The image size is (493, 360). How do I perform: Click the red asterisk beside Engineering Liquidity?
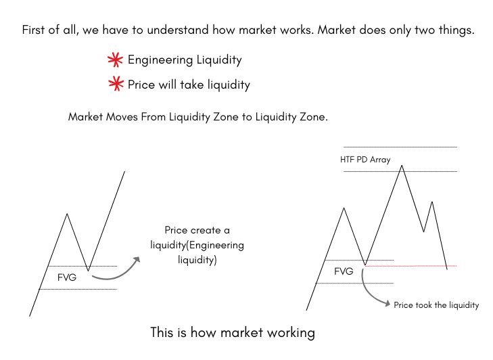tap(115, 60)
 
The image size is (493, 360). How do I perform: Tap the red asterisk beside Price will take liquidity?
tap(115, 85)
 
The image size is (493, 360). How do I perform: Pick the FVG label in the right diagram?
tap(344, 271)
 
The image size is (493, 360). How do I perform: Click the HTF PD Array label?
tap(365, 160)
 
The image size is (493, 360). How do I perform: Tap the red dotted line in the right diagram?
tap(413, 266)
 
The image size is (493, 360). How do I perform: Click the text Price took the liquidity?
tap(436, 305)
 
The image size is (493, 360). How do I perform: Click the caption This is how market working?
tap(232, 333)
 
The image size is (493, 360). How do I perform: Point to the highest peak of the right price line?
tap(402, 165)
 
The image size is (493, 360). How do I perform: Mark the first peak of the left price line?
tap(66, 215)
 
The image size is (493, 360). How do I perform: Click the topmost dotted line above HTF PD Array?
tap(400, 147)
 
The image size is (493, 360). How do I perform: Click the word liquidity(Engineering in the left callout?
tap(197, 245)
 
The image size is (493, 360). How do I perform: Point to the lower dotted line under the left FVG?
tap(78, 289)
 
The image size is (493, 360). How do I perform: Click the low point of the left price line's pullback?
tap(88, 271)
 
